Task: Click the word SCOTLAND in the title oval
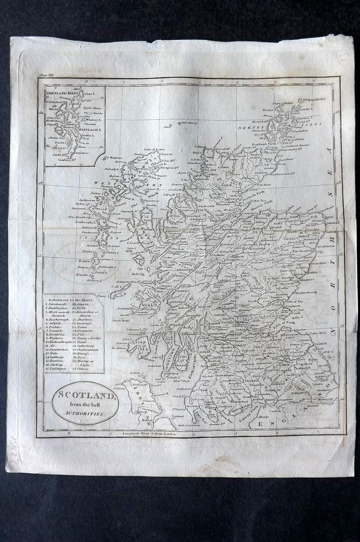click(x=84, y=394)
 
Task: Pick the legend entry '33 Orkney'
click(x=83, y=369)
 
